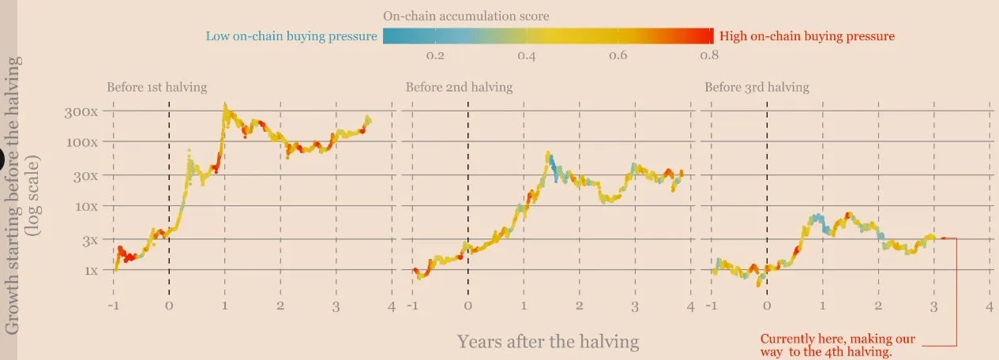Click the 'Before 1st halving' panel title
pyautogui.click(x=157, y=88)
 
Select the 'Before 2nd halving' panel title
pyautogui.click(x=459, y=88)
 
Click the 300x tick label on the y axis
pyautogui.click(x=81, y=111)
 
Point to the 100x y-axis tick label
pyautogui.click(x=81, y=142)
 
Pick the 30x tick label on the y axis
pyautogui.click(x=84, y=175)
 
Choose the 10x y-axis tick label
pyautogui.click(x=84, y=206)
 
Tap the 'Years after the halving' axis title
pyautogui.click(x=548, y=342)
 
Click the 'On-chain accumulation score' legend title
pyautogui.click(x=466, y=16)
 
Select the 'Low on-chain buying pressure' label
pyautogui.click(x=291, y=36)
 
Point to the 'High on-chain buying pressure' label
pyautogui.click(x=807, y=36)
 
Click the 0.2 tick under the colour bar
pyautogui.click(x=435, y=56)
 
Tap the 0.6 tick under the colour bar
pyautogui.click(x=618, y=56)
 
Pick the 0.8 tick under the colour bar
pyautogui.click(x=708, y=56)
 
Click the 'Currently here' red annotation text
pyautogui.click(x=837, y=345)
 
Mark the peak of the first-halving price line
pyautogui.click(x=225, y=105)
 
